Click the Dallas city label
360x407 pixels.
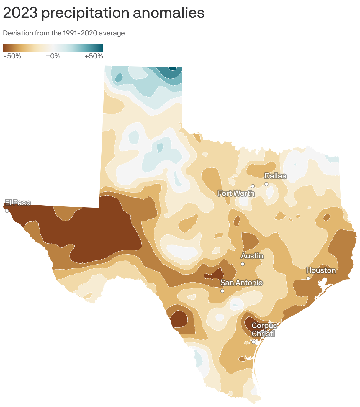(275, 176)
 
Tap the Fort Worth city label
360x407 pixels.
(236, 193)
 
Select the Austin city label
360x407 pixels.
(252, 256)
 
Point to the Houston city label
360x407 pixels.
(321, 270)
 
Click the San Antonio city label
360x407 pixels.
(242, 283)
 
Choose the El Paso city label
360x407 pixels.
(18, 203)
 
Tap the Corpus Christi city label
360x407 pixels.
(264, 330)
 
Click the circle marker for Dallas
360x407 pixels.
(266, 184)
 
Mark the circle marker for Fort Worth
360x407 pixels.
(253, 186)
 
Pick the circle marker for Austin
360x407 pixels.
(243, 264)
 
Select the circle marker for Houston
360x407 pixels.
(308, 278)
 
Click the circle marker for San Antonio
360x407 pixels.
(222, 291)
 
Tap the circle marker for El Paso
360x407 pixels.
(7, 211)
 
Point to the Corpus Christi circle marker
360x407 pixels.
(253, 342)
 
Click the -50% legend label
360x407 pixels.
(12, 56)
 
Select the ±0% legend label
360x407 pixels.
(53, 56)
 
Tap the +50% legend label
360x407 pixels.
(94, 56)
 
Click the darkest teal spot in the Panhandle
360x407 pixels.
(172, 68)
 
